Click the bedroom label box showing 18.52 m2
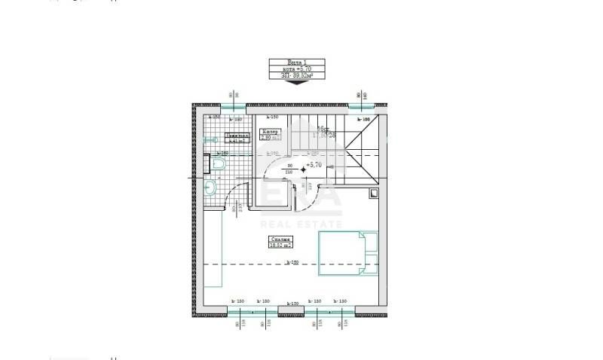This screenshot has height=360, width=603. tap(280, 242)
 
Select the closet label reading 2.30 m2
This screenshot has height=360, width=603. tap(270, 135)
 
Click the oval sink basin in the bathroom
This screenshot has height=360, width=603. tap(210, 188)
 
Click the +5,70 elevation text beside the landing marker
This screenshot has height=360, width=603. tap(314, 164)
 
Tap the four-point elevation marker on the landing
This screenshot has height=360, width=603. tap(303, 170)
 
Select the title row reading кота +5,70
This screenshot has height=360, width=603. tap(297, 69)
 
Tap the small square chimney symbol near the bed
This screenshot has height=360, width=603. tap(375, 194)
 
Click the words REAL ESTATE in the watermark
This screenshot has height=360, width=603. tap(301, 224)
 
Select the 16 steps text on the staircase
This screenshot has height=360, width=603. tap(322, 129)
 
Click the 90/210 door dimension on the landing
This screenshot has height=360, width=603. tap(289, 168)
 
